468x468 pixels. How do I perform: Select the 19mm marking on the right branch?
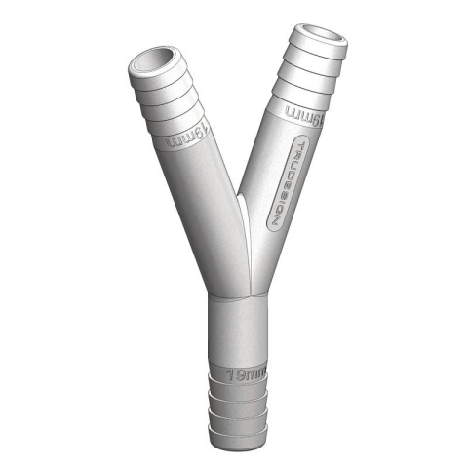point(304,115)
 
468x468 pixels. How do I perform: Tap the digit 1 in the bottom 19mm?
point(232,374)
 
